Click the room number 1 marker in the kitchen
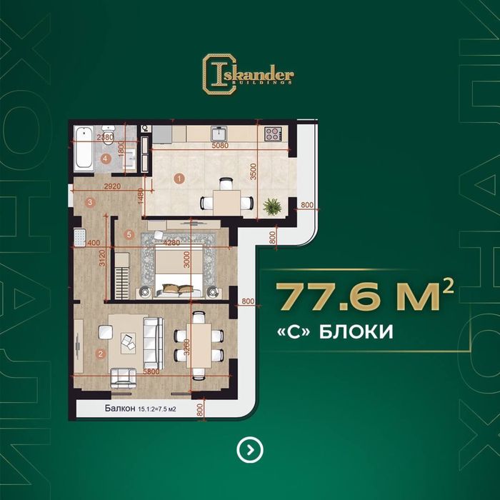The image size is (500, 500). pos(179,178)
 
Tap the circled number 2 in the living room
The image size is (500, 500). pos(101,352)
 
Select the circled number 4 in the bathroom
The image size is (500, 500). pos(105,159)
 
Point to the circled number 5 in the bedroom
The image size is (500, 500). pos(128,234)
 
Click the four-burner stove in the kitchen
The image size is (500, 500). pos(273,134)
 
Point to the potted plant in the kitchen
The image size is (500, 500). pos(271,206)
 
